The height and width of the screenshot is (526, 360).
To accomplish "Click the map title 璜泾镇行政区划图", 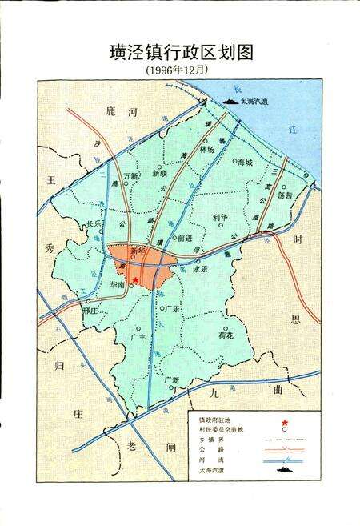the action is (180, 52).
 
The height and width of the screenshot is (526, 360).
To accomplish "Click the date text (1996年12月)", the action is (180, 70).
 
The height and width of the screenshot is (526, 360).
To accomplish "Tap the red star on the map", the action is (136, 279).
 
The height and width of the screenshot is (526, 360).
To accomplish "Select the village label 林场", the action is (209, 149).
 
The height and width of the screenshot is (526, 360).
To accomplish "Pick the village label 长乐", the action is (94, 223).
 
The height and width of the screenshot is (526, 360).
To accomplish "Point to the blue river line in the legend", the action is (282, 460).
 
